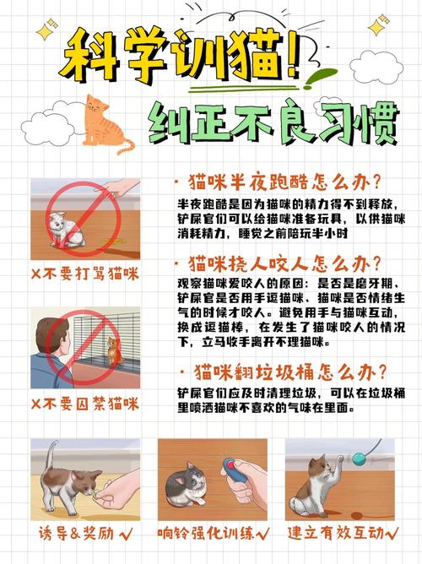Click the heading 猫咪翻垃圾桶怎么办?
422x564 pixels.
[284, 372]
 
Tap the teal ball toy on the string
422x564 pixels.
[361, 460]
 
